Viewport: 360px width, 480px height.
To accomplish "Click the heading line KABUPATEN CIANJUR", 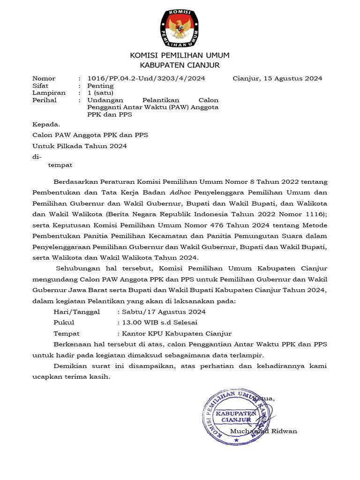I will (x=180, y=65).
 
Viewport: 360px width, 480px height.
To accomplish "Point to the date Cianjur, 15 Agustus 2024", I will (x=277, y=78).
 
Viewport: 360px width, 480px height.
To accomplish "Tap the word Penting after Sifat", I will (x=100, y=86).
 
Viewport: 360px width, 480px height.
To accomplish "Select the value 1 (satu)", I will (x=100, y=93).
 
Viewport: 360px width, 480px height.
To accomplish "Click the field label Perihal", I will (x=44, y=100).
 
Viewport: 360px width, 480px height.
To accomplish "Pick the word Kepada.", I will (x=46, y=124).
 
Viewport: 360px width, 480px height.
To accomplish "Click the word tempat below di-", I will (x=60, y=165).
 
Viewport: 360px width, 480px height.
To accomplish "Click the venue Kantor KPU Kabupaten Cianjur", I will (x=176, y=334).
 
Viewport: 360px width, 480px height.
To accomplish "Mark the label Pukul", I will (x=64, y=322).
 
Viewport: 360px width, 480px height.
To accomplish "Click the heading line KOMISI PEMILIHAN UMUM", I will (x=180, y=56).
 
